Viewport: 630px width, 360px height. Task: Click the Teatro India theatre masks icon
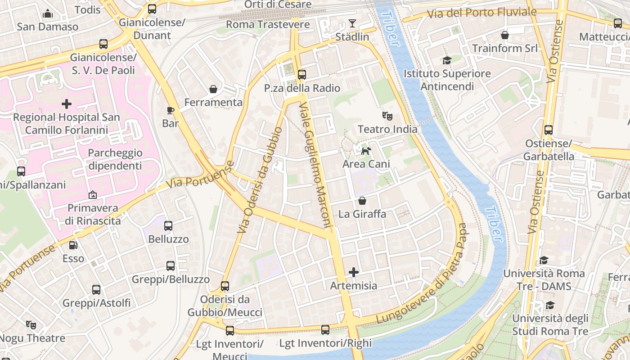(x=387, y=116)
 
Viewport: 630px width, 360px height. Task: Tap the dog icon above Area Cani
(x=366, y=151)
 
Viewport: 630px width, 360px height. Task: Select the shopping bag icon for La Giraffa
(x=362, y=201)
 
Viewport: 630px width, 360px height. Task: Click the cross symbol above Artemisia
(x=354, y=272)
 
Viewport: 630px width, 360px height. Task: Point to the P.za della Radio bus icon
(x=302, y=75)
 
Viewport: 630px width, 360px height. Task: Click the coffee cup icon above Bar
(x=171, y=110)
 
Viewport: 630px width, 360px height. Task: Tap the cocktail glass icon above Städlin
(x=352, y=23)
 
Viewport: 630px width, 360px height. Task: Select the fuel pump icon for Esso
(x=73, y=245)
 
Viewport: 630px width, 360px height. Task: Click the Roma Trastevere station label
(x=268, y=24)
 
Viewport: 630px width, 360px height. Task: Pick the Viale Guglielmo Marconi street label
(x=315, y=165)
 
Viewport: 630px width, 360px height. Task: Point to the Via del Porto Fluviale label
(x=481, y=13)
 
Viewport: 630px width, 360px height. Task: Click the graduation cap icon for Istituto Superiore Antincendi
(x=447, y=60)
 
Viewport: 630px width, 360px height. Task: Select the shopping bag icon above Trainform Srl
(x=505, y=35)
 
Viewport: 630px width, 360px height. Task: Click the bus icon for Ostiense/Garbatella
(x=549, y=130)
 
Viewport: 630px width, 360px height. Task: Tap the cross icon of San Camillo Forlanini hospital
(x=67, y=104)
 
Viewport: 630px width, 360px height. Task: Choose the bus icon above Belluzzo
(x=168, y=226)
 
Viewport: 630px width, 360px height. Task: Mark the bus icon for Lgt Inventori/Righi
(x=325, y=330)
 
